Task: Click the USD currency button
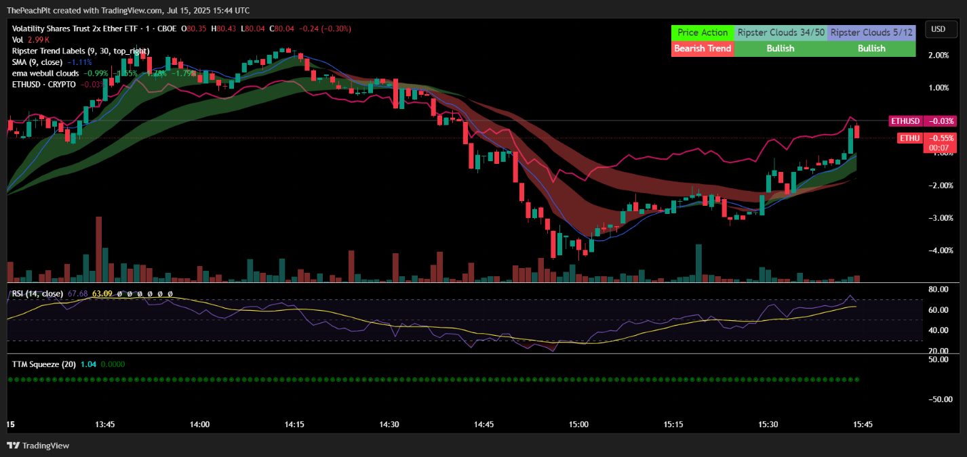[939, 29]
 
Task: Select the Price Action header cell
[702, 32]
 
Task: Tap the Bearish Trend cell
[702, 49]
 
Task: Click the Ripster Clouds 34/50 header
[781, 32]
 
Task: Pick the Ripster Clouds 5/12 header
[871, 32]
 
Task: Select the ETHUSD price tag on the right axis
[905, 121]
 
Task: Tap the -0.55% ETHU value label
[940, 137]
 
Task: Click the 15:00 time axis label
[578, 425]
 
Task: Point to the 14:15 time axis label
[294, 425]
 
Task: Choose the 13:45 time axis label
[105, 425]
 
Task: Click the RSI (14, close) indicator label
[37, 293]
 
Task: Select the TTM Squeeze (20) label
[44, 364]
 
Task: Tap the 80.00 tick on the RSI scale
[938, 289]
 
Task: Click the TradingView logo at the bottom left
[38, 445]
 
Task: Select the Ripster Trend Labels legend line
[81, 51]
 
